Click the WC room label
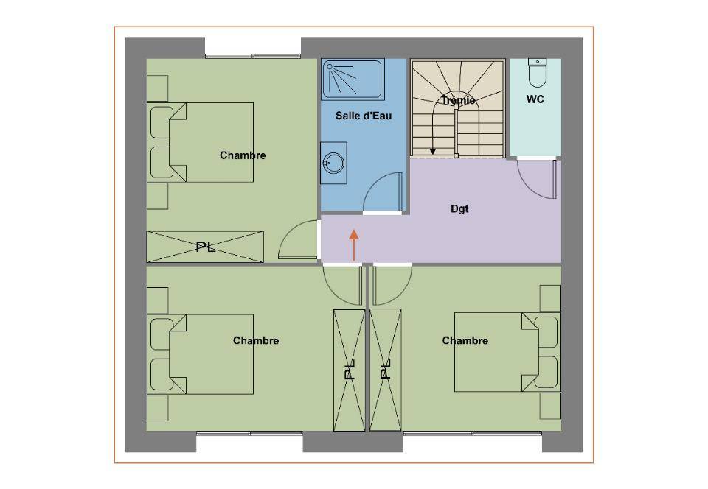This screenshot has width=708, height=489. pos(535,99)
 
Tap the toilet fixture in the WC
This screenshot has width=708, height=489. pos(538,72)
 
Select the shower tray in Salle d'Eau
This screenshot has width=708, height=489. pos(353,80)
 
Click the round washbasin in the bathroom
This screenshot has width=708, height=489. pos(333,163)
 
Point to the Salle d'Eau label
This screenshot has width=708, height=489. pos(364,116)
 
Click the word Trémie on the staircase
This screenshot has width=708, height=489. pos(458,100)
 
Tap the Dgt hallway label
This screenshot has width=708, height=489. pos(459,208)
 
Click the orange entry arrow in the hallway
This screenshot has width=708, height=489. pos(354,245)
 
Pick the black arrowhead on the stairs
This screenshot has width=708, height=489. pos(433,152)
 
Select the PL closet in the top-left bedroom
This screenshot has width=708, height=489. pos(205,247)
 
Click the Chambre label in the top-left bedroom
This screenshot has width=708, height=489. pos(243,155)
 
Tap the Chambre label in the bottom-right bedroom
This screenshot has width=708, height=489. pos(465,341)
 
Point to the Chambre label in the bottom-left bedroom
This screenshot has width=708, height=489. pos(256,341)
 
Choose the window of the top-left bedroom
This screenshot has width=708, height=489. pos(253,56)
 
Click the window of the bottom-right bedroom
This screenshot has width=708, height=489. pos(472,433)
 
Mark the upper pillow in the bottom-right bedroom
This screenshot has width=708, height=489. pos(546,332)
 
